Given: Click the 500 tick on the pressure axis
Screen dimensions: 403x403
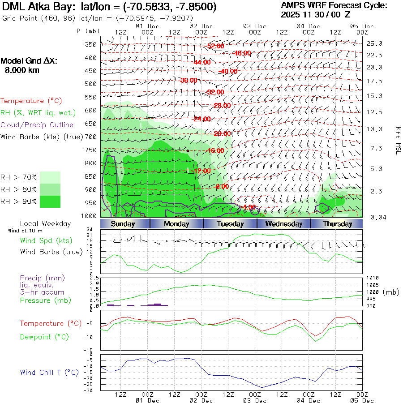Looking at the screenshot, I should coord(91,84).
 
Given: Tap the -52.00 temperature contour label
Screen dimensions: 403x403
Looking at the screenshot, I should coord(215,47).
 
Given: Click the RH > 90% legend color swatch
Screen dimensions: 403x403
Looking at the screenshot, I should coord(50,201).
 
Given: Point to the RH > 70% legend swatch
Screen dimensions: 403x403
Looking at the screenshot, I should coord(50,177).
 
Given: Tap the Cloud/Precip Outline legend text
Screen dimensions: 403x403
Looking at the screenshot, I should coord(37,125).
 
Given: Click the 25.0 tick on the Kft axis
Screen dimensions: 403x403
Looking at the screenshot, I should coord(374,43).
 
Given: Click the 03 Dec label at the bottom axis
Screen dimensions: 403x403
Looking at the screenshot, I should coord(255,400).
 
